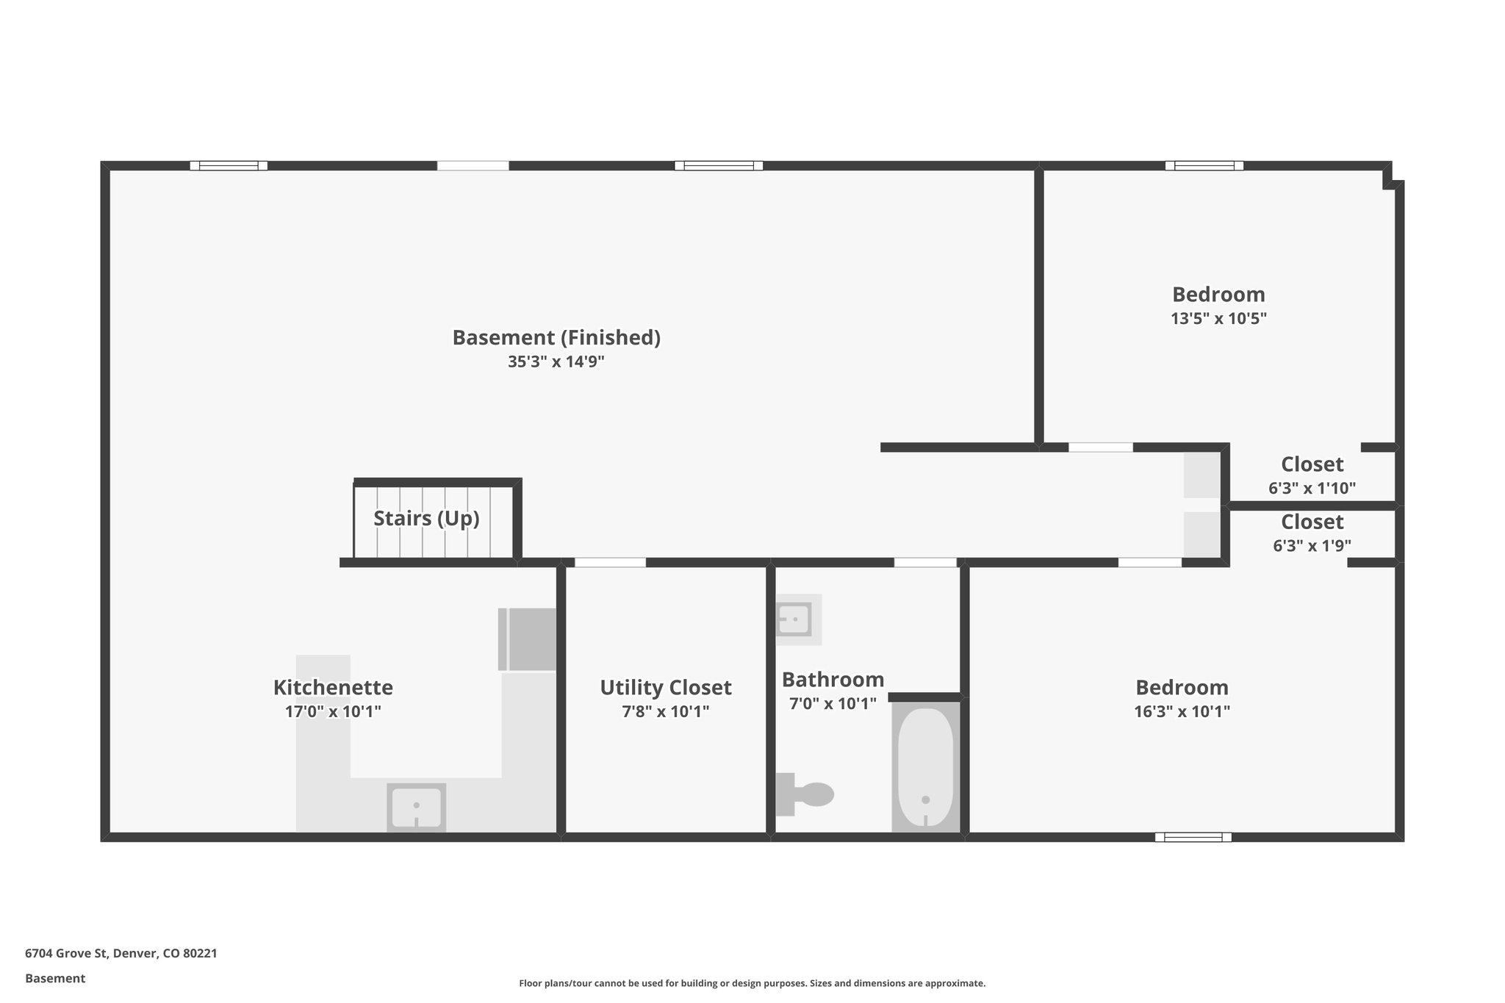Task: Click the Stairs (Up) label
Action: coord(426,519)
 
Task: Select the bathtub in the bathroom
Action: coord(925,767)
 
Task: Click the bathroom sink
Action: coord(794,619)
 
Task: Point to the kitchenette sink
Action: coord(416,807)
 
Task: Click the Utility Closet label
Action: coord(665,688)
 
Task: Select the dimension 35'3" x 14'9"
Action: coord(556,362)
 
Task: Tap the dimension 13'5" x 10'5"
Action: coord(1218,319)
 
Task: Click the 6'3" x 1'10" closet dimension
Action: coord(1312,488)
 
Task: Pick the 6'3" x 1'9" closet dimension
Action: coord(1312,546)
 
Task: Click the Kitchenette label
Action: coord(333,688)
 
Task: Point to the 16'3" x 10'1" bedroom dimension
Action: coord(1182,711)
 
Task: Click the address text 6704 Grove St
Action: coord(121,954)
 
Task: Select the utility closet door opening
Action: coord(610,563)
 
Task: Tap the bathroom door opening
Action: coord(925,563)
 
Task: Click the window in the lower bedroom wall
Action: coord(1193,837)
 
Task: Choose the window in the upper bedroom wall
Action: coord(1204,165)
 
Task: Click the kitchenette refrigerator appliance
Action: coord(528,639)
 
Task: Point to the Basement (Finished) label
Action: coord(556,338)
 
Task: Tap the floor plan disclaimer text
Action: coord(752,983)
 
